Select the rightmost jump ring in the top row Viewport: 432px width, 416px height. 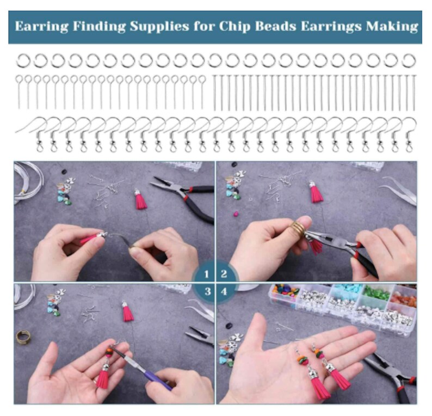(409, 60)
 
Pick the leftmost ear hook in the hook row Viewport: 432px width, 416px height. (33, 133)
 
